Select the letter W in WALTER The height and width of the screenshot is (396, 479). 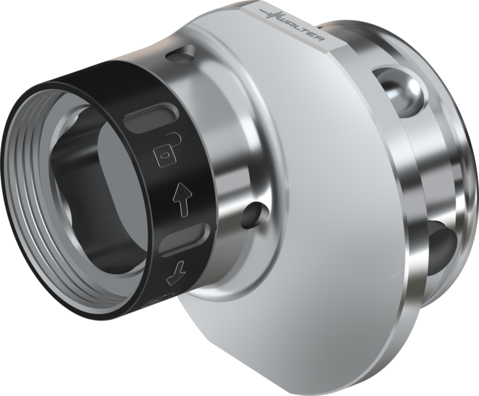point(286,20)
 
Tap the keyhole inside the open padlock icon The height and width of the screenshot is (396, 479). point(165,153)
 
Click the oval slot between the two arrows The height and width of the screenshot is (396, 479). point(183,239)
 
